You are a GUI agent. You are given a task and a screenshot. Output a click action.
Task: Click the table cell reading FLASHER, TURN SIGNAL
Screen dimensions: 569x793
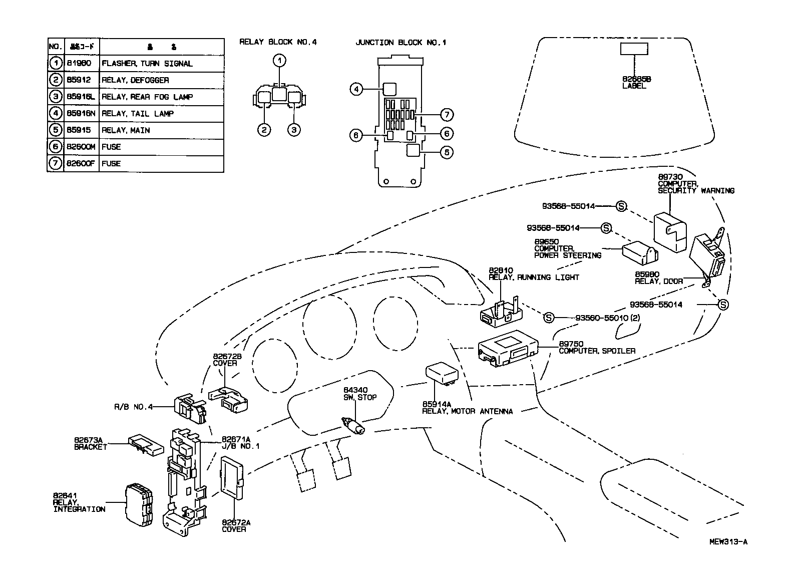(147, 64)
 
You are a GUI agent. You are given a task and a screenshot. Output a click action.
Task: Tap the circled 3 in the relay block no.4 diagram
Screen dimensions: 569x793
(294, 130)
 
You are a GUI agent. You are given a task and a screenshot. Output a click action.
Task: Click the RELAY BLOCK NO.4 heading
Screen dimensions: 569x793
(278, 43)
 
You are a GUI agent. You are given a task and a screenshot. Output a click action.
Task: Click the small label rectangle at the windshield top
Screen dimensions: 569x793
(634, 49)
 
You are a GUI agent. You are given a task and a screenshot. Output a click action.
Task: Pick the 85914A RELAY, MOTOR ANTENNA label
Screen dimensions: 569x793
(467, 408)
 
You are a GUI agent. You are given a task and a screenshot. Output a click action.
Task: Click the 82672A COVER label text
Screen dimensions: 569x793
(236, 526)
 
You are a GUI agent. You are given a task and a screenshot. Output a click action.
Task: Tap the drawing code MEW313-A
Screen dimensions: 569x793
(728, 541)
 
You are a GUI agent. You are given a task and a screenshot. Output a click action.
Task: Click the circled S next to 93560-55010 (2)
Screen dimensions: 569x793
(549, 317)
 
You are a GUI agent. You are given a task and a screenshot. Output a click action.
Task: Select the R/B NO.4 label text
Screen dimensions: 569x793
(133, 407)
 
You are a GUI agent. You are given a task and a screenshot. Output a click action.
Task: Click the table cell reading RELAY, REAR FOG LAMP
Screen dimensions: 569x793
(147, 97)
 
